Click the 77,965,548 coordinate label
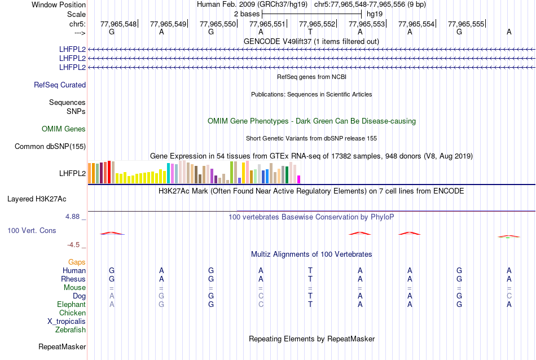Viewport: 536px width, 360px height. click(118, 24)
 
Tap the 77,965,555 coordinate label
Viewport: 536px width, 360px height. click(465, 24)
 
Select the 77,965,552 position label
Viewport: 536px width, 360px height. click(317, 24)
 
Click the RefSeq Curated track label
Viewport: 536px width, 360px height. click(60, 85)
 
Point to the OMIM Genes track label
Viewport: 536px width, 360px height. click(64, 129)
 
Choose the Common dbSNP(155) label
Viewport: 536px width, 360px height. click(50, 147)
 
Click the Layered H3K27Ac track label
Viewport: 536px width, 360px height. click(37, 199)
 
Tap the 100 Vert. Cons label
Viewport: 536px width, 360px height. click(32, 231)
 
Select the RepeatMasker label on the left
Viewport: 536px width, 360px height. click(62, 346)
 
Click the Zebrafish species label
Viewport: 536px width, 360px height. click(71, 330)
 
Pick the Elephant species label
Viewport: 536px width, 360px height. click(71, 305)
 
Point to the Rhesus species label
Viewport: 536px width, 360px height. click(73, 279)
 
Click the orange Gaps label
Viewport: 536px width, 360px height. click(77, 262)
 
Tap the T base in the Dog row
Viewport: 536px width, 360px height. click(310, 296)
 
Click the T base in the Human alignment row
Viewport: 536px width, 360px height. click(310, 271)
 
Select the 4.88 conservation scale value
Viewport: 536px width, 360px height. click(73, 216)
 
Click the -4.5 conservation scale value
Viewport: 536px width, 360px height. click(74, 245)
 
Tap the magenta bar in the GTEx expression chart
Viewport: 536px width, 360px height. click(299, 179)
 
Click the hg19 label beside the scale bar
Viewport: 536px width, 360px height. click(375, 13)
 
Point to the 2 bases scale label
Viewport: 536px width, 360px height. click(246, 13)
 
